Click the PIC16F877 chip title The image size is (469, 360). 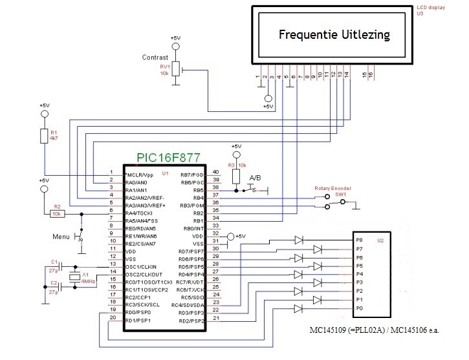tap(168, 158)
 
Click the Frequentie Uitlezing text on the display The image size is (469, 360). tap(334, 34)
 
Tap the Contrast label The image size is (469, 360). tap(155, 58)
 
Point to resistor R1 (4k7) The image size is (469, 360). tap(44, 135)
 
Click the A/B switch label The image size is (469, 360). tap(256, 178)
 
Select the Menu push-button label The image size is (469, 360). tap(61, 237)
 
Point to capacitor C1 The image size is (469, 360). tap(56, 265)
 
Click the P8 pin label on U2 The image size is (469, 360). tap(360, 240)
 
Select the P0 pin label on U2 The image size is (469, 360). tap(360, 308)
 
